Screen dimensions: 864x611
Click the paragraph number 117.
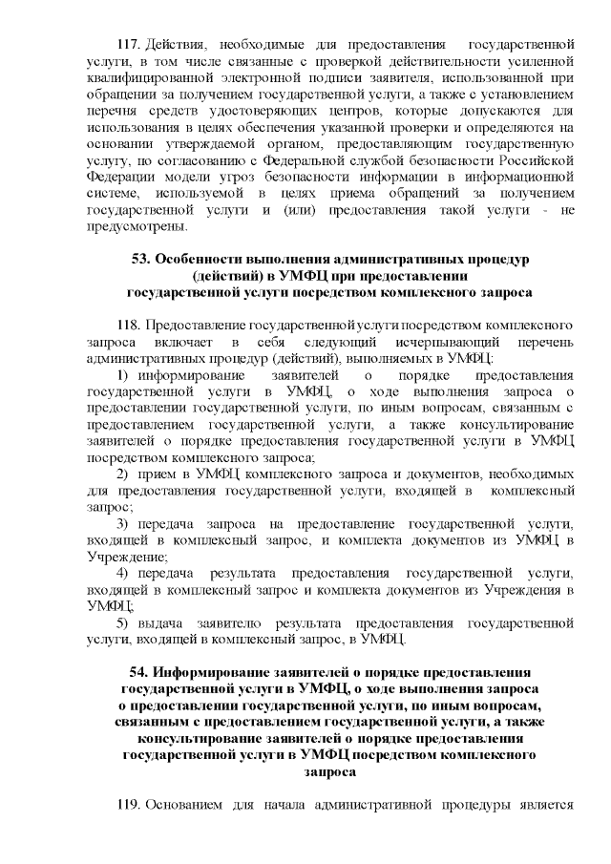point(129,44)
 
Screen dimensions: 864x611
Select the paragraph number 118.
point(129,340)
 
